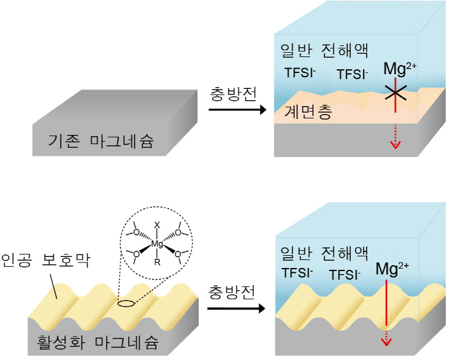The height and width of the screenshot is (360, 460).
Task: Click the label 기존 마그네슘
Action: click(101, 141)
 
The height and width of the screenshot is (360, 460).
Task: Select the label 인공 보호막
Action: click(45, 260)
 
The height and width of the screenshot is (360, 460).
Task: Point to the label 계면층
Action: click(308, 112)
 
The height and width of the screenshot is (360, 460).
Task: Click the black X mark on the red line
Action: click(396, 93)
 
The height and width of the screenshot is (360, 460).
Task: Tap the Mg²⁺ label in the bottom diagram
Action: click(392, 269)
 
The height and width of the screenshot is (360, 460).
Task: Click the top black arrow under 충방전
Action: click(237, 110)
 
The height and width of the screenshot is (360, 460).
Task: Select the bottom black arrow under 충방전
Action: click(236, 308)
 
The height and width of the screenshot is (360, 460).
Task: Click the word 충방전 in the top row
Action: click(233, 94)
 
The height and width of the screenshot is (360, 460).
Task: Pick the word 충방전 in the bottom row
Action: click(232, 292)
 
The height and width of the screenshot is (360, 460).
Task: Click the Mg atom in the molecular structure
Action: click(157, 244)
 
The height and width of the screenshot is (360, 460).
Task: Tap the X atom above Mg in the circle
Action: click(157, 225)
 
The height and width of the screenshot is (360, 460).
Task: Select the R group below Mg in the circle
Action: click(157, 262)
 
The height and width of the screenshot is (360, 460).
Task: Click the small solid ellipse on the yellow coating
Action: click(126, 304)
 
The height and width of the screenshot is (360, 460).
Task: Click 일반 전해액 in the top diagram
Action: click(324, 50)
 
